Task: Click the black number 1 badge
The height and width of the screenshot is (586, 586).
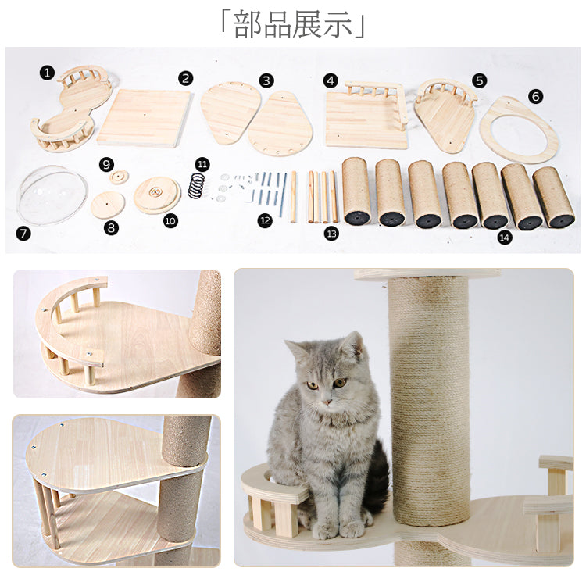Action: [x=47, y=73]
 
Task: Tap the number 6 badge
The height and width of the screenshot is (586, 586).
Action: [x=535, y=96]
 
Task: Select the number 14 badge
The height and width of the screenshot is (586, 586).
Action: [x=504, y=238]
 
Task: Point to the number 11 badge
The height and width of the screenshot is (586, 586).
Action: [x=202, y=164]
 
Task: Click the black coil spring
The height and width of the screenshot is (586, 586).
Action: [x=196, y=185]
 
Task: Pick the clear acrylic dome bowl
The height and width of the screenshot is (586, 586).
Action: [x=52, y=195]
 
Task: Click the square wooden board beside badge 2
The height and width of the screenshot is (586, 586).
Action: [x=145, y=118]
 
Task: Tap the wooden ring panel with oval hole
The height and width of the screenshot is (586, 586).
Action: [x=518, y=129]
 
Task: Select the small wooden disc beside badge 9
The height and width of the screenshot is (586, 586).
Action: [x=120, y=177]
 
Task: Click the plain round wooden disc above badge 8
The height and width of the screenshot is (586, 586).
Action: [x=108, y=205]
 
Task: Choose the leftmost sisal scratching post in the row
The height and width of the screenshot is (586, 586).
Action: [x=356, y=191]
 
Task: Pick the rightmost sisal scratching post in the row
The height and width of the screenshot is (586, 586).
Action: [x=554, y=198]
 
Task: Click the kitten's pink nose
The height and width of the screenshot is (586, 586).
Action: [x=327, y=402]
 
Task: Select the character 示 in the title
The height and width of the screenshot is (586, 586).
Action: [x=338, y=25]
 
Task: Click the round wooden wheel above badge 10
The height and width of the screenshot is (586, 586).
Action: [x=156, y=195]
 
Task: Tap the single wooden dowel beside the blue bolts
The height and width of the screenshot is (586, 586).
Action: [x=294, y=197]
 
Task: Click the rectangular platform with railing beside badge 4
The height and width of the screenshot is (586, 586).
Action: [x=366, y=115]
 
